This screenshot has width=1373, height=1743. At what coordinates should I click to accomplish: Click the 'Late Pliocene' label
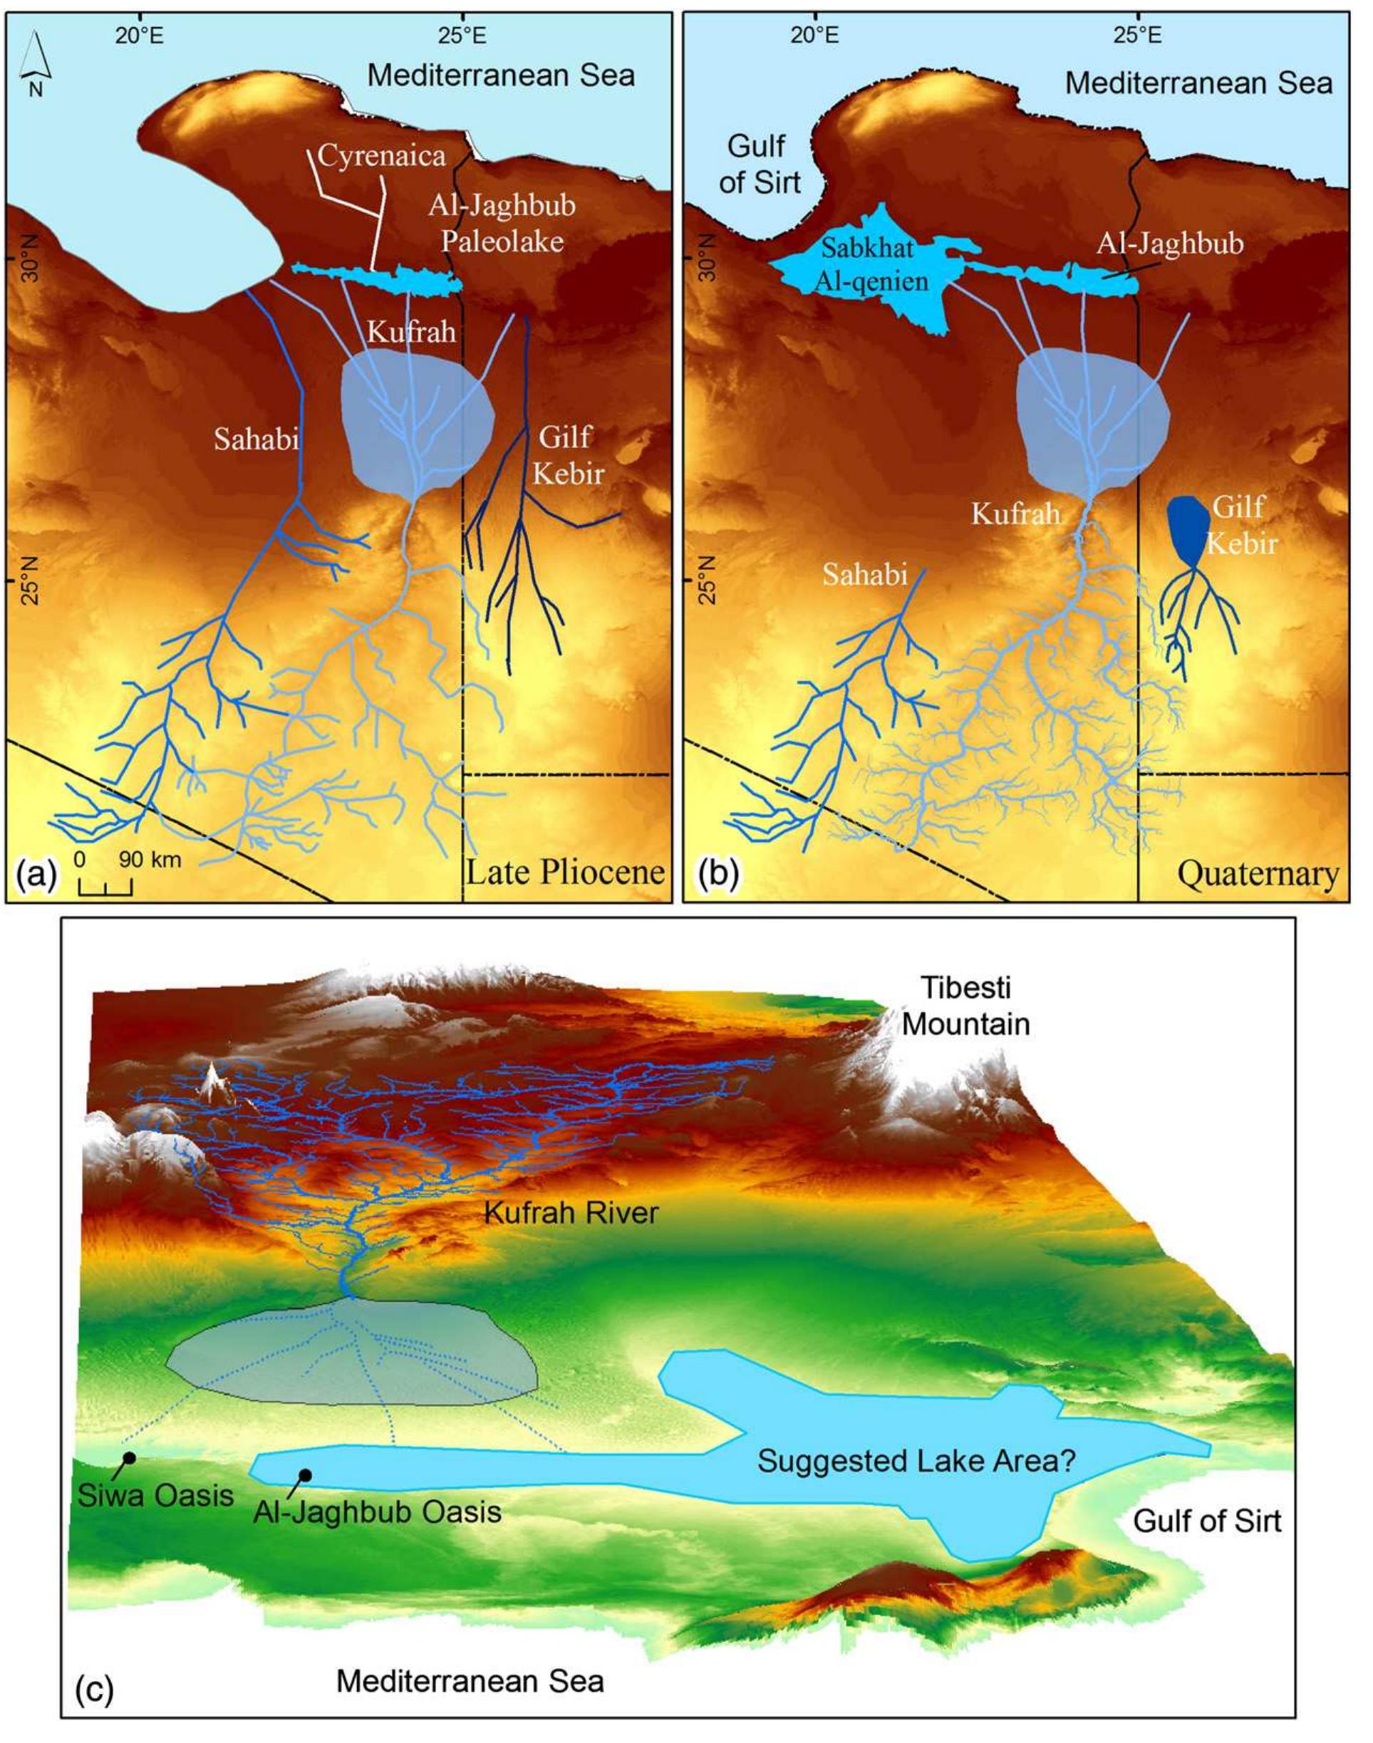(x=565, y=872)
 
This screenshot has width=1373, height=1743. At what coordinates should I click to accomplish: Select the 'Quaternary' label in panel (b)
(x=1259, y=874)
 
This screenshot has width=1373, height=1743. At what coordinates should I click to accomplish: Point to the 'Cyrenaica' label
(x=382, y=155)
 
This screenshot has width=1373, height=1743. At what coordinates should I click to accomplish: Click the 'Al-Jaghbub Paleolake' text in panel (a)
(x=502, y=224)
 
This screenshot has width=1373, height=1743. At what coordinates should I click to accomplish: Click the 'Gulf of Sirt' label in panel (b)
(x=760, y=165)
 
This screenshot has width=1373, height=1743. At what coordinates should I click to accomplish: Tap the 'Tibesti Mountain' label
(x=966, y=1005)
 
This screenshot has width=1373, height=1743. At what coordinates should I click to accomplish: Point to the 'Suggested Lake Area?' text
(x=916, y=1461)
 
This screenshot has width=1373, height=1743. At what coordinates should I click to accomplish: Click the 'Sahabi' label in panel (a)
(x=257, y=439)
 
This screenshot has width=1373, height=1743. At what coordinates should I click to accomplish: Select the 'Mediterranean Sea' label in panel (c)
(x=470, y=1682)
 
